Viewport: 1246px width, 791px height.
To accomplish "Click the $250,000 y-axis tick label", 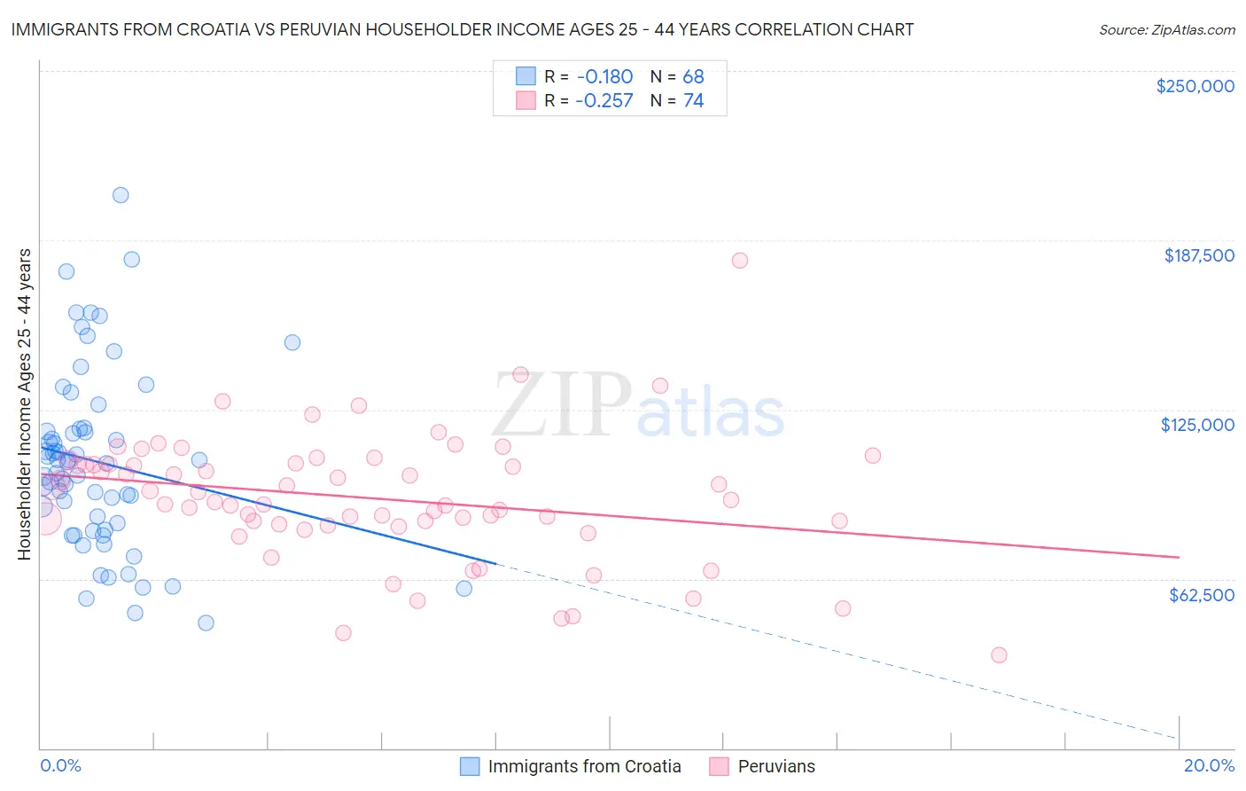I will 1195,86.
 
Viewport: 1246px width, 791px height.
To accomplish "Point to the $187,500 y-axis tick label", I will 1198,255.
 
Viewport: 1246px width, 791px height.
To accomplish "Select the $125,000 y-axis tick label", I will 1197,425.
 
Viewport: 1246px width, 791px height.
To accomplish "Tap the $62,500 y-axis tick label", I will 1201,595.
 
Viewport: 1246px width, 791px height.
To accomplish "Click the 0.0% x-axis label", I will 60,765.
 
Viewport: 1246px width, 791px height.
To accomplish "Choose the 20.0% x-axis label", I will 1209,765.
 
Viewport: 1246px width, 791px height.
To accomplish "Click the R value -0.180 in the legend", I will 604,76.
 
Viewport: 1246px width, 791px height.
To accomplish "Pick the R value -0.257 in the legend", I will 604,101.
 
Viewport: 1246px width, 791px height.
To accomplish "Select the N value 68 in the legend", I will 693,76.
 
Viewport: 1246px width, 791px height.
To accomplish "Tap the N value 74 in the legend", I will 693,101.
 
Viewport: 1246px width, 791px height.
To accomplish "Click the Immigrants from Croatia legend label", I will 584,766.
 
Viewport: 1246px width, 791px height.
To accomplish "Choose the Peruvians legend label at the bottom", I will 776,766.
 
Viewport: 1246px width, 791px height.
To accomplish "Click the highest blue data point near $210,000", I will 121,195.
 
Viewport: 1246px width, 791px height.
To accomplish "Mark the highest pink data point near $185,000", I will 740,261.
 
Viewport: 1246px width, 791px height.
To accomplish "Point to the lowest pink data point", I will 999,655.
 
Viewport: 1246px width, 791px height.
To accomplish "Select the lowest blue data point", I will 206,623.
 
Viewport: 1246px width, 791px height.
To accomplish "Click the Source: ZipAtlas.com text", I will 1166,30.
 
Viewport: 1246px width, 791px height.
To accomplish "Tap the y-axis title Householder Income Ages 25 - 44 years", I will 25,404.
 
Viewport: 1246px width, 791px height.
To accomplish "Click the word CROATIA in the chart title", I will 224,30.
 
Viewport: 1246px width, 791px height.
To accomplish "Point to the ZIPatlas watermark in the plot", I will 638,406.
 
